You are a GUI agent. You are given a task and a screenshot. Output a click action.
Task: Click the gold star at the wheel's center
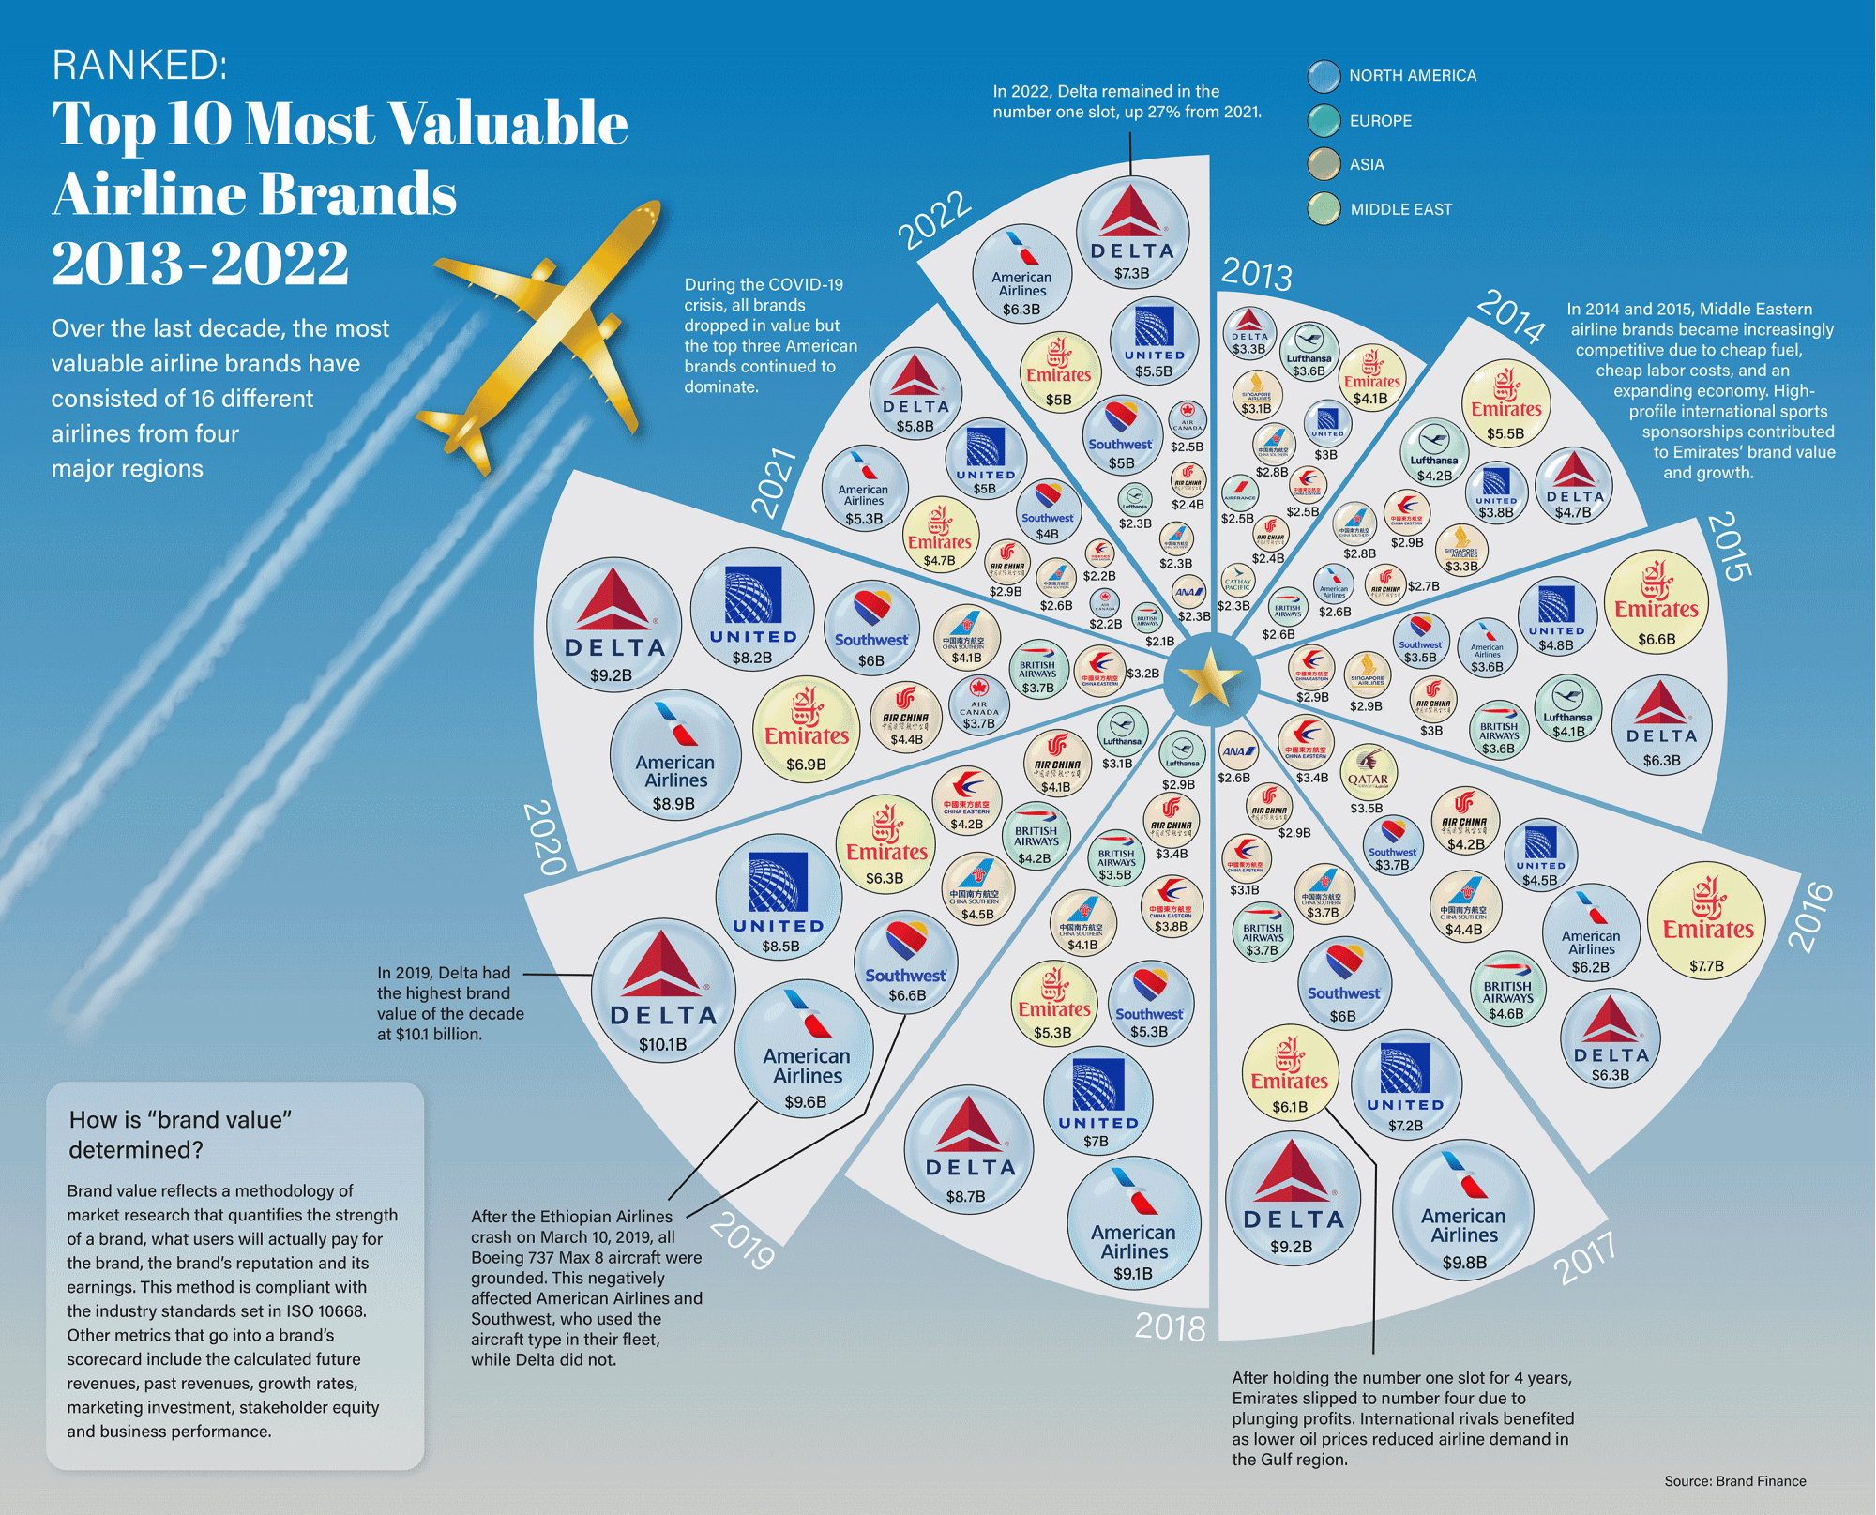point(1209,677)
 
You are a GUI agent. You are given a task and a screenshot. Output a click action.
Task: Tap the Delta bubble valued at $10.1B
point(663,990)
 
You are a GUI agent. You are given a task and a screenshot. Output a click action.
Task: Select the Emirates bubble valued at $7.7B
point(1706,919)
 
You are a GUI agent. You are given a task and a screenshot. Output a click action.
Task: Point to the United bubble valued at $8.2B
point(752,609)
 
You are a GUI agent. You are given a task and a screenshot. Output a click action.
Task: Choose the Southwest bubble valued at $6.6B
point(905,957)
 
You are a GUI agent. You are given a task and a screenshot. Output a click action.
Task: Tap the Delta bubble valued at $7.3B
point(1132,232)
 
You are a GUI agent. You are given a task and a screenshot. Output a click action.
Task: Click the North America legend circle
point(1324,76)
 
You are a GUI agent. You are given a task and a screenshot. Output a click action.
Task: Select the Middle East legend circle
point(1324,209)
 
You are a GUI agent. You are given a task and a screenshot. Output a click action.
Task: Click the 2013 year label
point(1256,274)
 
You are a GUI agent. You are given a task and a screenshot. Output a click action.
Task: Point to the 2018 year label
point(1170,1326)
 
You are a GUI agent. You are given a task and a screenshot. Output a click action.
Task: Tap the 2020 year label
point(544,837)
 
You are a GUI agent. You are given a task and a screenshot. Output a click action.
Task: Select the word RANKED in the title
point(140,66)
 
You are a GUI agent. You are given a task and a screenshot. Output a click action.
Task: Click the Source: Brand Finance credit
point(1734,1481)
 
